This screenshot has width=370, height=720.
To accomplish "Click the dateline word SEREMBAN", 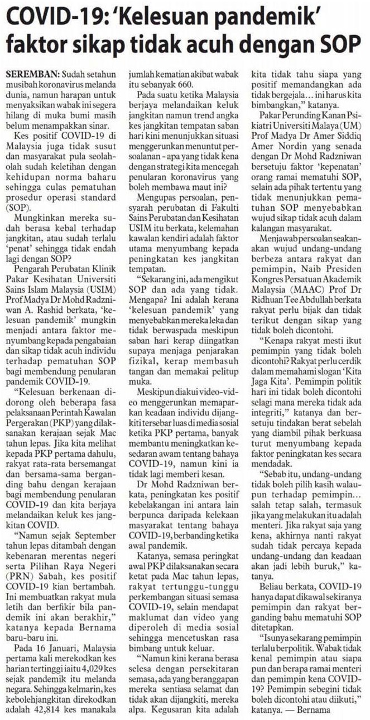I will tap(31, 74).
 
